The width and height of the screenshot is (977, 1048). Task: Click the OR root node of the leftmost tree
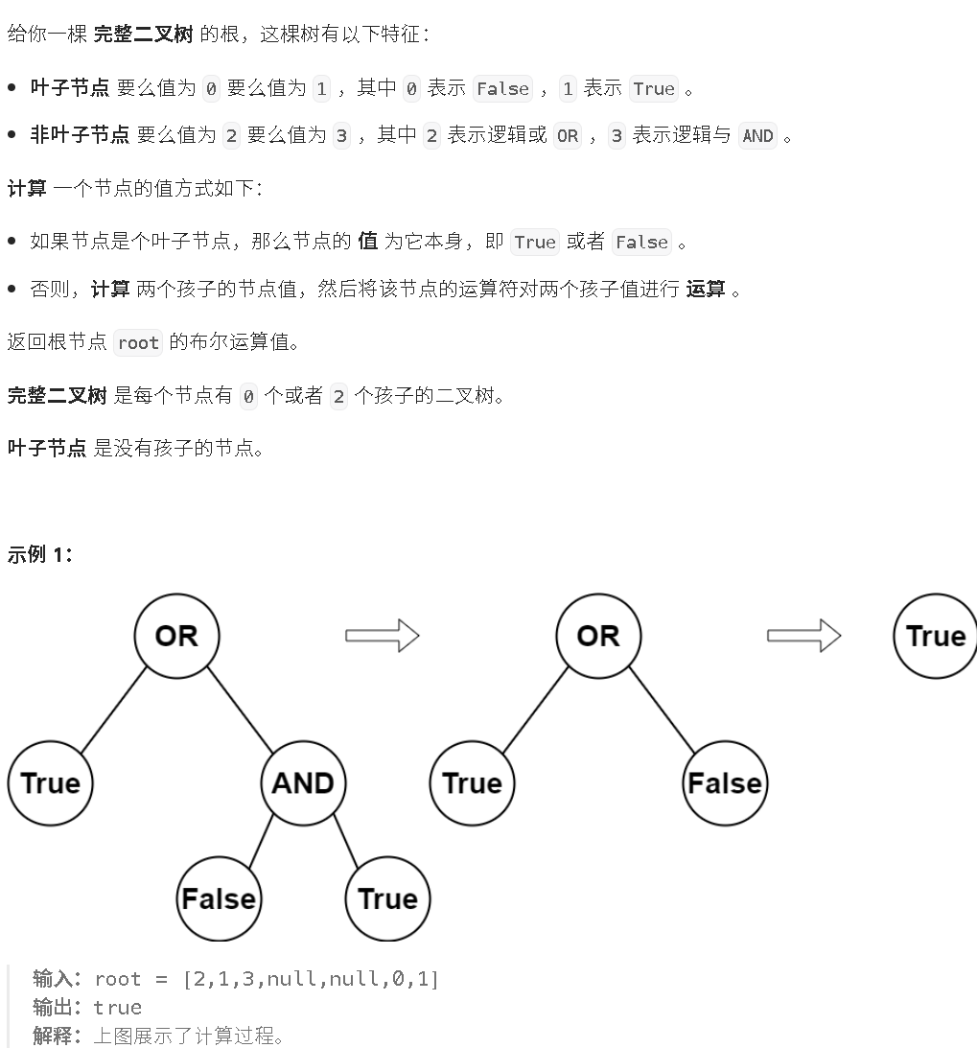pyautogui.click(x=175, y=636)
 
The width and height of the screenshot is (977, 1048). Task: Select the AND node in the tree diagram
pyautogui.click(x=302, y=782)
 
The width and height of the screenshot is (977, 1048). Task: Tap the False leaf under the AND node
pyautogui.click(x=219, y=898)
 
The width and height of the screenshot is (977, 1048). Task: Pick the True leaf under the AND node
pyautogui.click(x=387, y=898)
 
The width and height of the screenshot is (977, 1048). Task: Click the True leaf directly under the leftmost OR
pyautogui.click(x=50, y=782)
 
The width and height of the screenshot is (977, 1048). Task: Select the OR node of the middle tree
pyautogui.click(x=597, y=636)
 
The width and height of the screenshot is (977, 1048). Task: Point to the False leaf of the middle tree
pyautogui.click(x=725, y=782)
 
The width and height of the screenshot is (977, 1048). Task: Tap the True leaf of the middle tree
pyautogui.click(x=472, y=782)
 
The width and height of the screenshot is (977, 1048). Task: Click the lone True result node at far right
pyautogui.click(x=935, y=636)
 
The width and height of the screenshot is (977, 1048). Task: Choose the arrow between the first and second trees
pyautogui.click(x=382, y=636)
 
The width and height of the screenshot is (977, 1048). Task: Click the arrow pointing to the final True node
pyautogui.click(x=803, y=636)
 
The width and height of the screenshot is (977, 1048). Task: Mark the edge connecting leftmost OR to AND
pyautogui.click(x=240, y=710)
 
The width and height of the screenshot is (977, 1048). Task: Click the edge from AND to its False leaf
pyautogui.click(x=259, y=842)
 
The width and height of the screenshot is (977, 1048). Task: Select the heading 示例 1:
pyautogui.click(x=39, y=553)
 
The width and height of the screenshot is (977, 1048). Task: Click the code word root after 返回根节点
pyautogui.click(x=138, y=342)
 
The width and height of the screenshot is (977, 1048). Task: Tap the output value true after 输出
pyautogui.click(x=117, y=1007)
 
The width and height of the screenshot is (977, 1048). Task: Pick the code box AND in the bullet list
pyautogui.click(x=757, y=135)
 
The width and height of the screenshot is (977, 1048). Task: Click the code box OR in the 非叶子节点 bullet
pyautogui.click(x=568, y=135)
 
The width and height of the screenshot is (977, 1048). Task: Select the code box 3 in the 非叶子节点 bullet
pyautogui.click(x=342, y=135)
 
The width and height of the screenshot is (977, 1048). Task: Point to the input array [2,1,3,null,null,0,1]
pyautogui.click(x=310, y=978)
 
